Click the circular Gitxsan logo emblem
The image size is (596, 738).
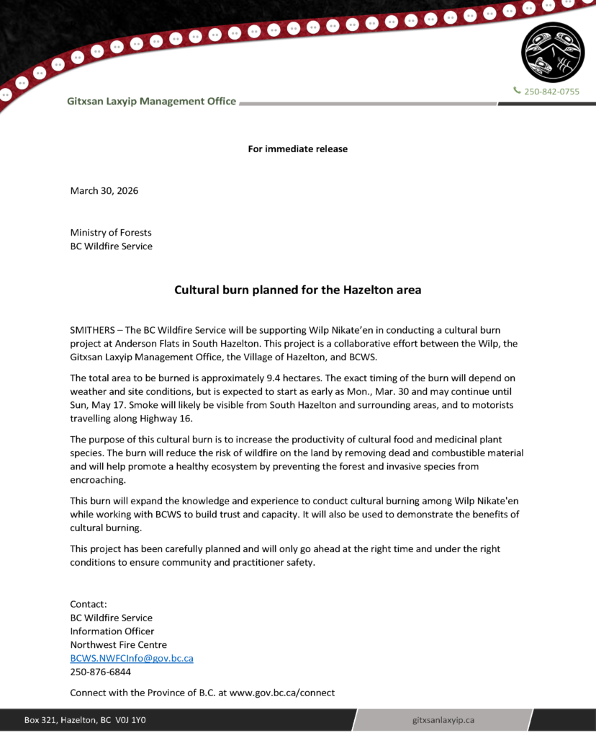(553, 52)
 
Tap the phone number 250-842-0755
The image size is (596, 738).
(551, 92)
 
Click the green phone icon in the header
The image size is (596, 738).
(517, 91)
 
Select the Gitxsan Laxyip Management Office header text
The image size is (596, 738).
(151, 102)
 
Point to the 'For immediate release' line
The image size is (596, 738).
(297, 149)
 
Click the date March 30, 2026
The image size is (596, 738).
(104, 191)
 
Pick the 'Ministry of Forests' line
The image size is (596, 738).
(111, 232)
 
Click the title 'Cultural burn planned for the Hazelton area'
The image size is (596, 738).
(297, 290)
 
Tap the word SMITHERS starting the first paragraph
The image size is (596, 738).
(91, 330)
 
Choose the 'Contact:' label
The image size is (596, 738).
(89, 604)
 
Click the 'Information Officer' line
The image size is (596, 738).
(112, 631)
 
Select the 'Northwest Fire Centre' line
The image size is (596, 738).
(118, 645)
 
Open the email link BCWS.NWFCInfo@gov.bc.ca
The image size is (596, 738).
(131, 659)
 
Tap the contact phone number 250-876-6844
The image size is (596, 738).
(100, 672)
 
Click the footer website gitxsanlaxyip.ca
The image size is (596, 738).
(443, 720)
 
